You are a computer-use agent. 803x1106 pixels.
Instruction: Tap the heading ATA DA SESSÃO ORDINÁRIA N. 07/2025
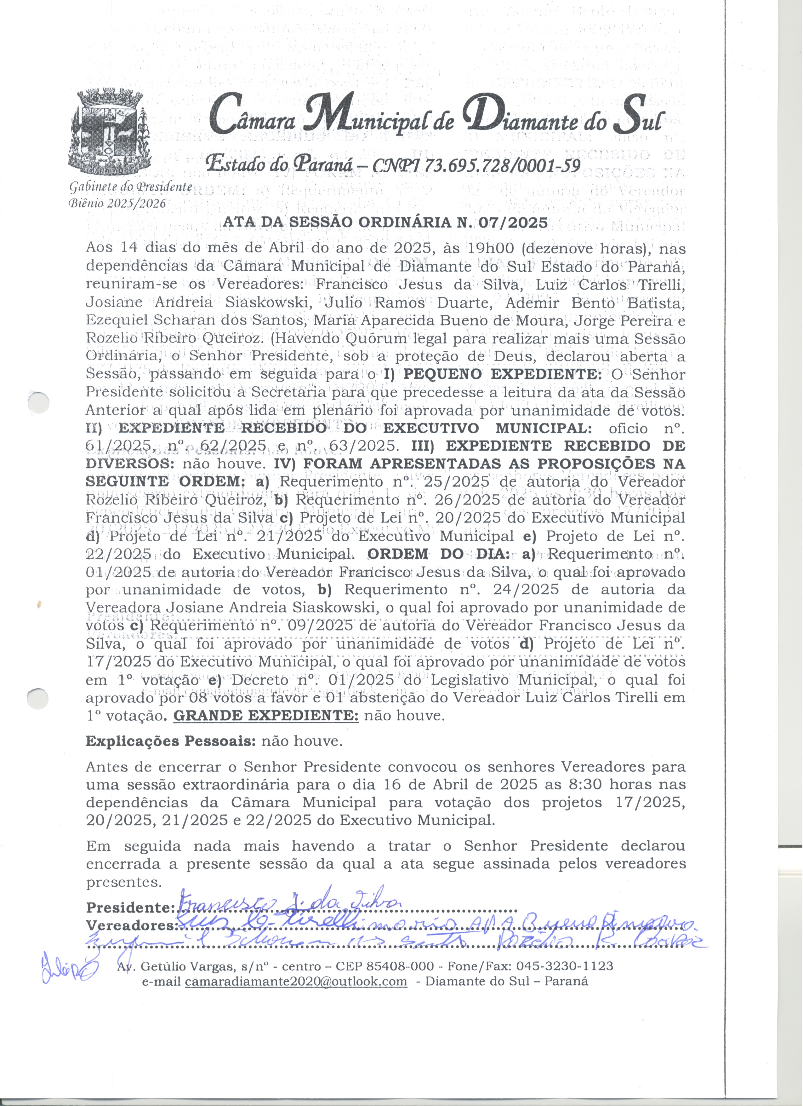tap(385, 222)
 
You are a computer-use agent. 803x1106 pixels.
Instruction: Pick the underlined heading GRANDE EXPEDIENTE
tap(266, 716)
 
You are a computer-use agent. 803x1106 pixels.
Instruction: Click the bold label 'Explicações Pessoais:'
tap(171, 742)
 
